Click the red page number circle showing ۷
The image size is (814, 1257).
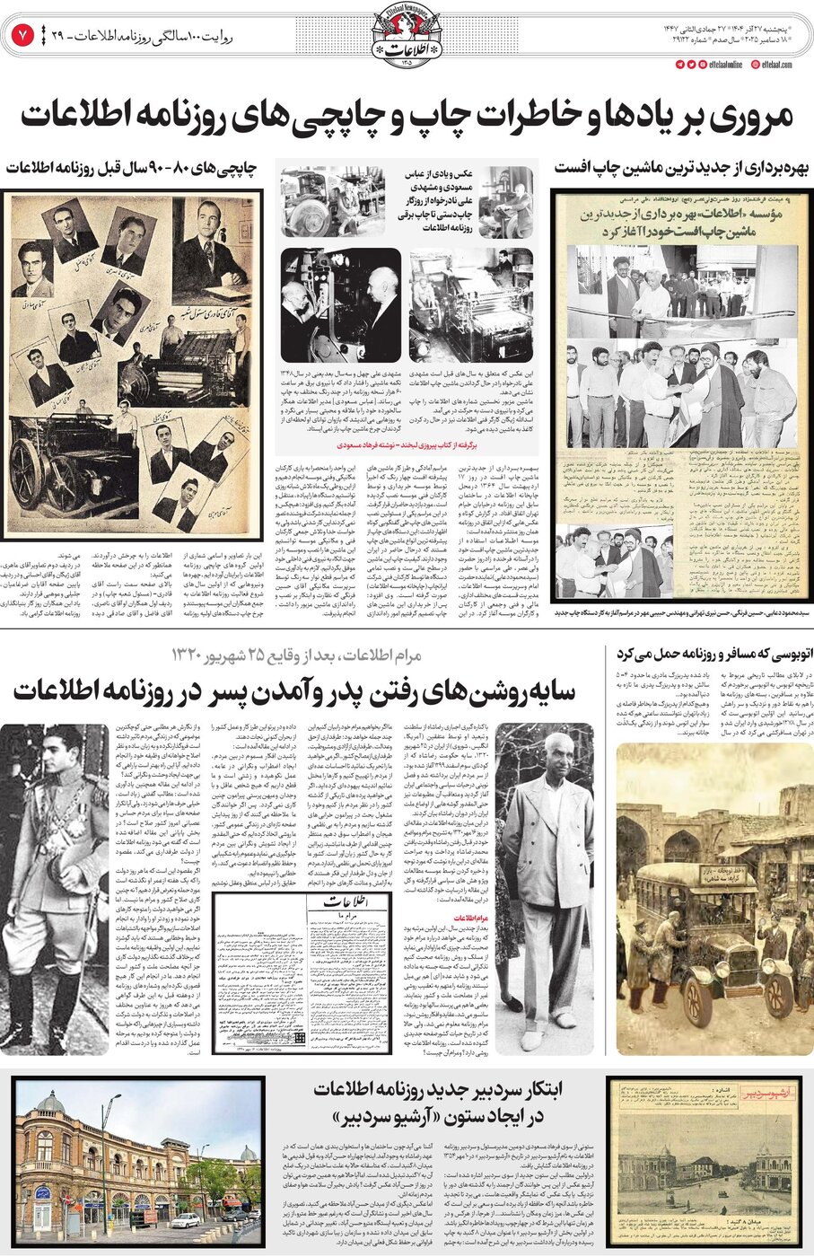point(21,35)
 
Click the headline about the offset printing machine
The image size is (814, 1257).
point(681,168)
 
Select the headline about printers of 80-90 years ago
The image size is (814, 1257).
point(131,168)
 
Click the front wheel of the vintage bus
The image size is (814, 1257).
point(776,995)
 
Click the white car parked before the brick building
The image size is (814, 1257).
point(185,1220)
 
